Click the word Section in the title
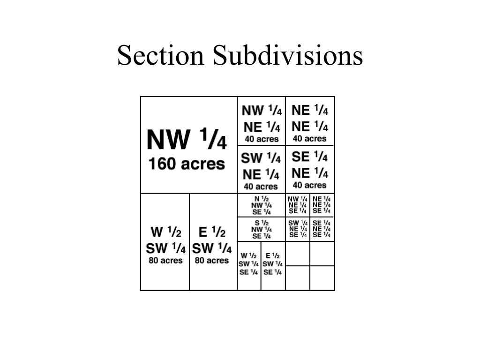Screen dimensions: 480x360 click(161, 55)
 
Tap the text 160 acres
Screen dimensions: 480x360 click(187, 164)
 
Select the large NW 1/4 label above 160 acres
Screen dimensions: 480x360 click(187, 140)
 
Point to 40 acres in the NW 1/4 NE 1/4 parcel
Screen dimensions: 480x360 click(262, 139)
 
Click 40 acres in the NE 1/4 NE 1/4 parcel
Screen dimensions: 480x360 click(309, 139)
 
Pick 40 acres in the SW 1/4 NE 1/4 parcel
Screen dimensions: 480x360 click(261, 187)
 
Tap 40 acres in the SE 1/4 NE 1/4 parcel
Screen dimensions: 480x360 click(309, 185)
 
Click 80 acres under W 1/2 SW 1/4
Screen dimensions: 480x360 click(165, 261)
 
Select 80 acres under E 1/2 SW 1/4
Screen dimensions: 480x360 click(212, 261)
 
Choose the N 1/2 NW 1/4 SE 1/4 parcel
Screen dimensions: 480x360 click(262, 205)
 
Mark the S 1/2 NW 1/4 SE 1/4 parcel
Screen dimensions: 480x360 click(262, 229)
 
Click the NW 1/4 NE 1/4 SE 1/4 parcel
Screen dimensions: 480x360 click(298, 205)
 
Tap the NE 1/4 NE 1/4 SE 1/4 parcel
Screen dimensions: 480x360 click(322, 205)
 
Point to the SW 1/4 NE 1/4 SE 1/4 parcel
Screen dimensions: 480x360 click(298, 229)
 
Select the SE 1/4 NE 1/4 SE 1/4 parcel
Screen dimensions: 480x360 click(322, 229)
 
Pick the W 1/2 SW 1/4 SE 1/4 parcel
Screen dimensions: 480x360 click(249, 264)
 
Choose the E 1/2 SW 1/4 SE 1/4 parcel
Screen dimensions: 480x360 click(273, 264)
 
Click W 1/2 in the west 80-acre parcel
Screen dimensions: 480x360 click(165, 232)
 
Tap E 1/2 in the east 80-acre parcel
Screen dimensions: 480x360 click(212, 232)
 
